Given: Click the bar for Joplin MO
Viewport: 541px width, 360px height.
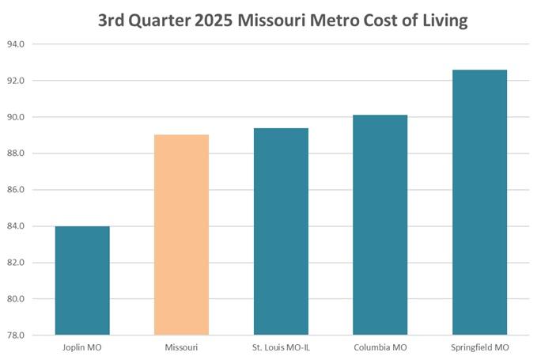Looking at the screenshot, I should (x=82, y=280).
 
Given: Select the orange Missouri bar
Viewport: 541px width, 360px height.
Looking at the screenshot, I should (x=181, y=234).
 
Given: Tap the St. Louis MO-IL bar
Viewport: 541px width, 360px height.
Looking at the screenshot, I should (x=281, y=231).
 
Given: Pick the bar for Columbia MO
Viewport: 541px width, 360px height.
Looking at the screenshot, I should (x=380, y=225).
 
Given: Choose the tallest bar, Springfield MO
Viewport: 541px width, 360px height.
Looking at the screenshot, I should (x=479, y=202).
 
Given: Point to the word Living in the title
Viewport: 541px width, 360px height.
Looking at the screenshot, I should (x=441, y=21).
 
